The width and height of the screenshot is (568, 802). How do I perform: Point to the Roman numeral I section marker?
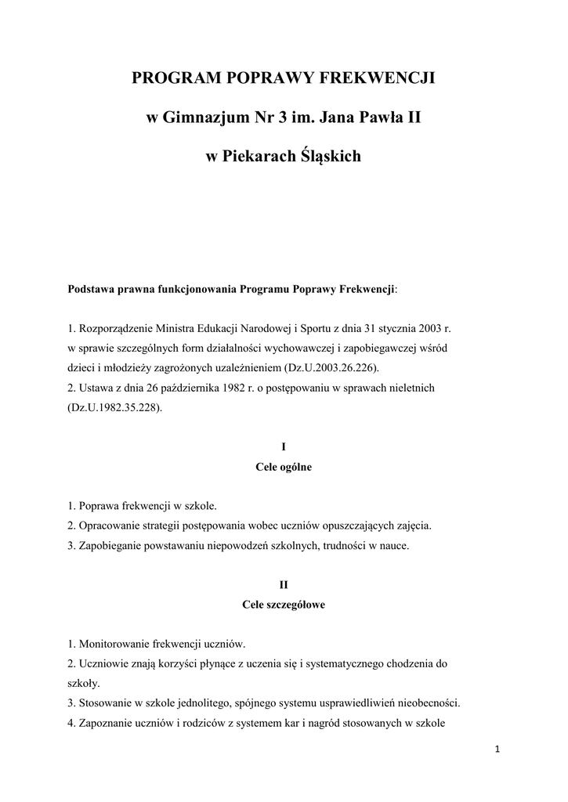pos(284,446)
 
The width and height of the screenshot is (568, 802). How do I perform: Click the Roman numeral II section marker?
pos(284,584)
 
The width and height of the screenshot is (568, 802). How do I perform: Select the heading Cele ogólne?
pos(284,467)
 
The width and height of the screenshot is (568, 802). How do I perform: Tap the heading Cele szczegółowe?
pos(284,605)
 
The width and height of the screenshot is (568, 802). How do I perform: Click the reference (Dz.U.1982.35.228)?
pos(115,407)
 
